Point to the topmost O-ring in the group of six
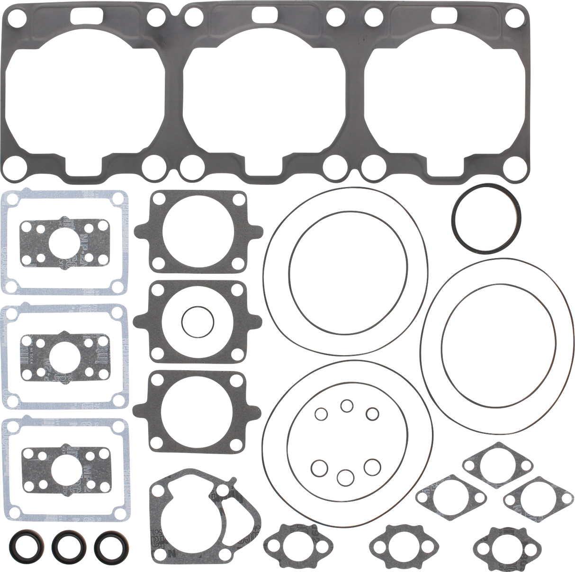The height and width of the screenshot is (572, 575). [x=347, y=406]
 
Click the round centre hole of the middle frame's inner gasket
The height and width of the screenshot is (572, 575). [x=66, y=355]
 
